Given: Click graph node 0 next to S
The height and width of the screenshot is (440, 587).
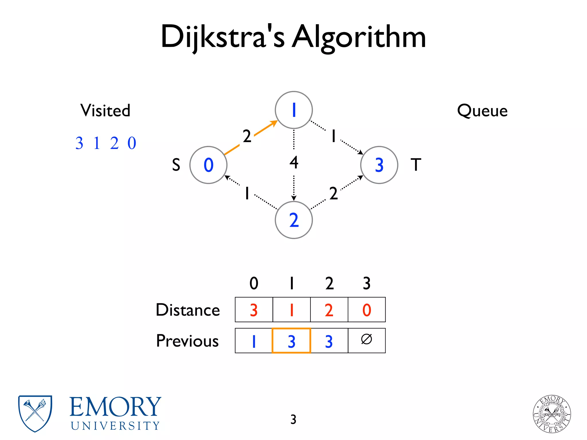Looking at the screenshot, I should (x=208, y=165).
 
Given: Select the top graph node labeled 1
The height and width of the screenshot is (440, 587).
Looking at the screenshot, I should (x=293, y=110).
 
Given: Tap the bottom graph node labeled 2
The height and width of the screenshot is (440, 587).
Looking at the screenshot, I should (x=293, y=220).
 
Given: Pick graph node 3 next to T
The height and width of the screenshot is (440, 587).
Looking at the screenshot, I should (x=379, y=165).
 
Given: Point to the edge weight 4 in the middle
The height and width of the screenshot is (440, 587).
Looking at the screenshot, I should (x=294, y=162).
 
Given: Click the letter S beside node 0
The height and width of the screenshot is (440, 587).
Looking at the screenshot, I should (x=176, y=165).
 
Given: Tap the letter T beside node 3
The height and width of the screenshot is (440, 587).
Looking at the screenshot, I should (x=416, y=165).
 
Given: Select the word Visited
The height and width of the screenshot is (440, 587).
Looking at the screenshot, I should (x=105, y=111).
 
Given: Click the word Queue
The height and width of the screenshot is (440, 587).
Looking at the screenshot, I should (x=482, y=111).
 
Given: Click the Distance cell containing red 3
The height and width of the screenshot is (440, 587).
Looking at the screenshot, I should (x=254, y=310).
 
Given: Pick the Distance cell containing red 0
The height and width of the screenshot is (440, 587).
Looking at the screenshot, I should (x=367, y=310).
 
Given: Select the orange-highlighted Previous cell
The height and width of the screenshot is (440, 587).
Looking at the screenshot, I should (x=291, y=341).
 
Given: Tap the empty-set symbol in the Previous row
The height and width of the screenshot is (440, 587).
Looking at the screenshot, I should (x=367, y=339).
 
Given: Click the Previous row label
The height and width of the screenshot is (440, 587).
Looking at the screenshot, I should (x=187, y=341).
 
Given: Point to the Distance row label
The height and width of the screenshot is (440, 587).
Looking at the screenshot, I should (x=188, y=310).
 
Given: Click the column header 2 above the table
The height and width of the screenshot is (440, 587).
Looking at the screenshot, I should (x=329, y=283).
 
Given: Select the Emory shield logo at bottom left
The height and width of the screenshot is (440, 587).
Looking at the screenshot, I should (x=35, y=413).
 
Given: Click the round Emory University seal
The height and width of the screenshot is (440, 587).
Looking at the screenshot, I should (x=552, y=414).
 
